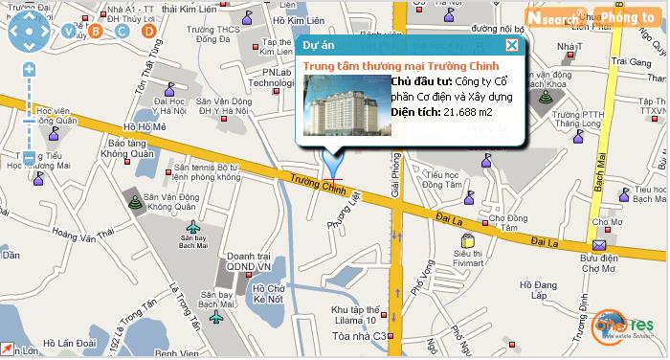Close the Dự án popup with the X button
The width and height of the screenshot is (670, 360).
pyautogui.click(x=512, y=45)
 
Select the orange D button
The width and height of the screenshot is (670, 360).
pyautogui.click(x=148, y=32)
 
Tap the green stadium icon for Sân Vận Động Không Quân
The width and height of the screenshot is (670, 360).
pyautogui.click(x=134, y=201)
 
